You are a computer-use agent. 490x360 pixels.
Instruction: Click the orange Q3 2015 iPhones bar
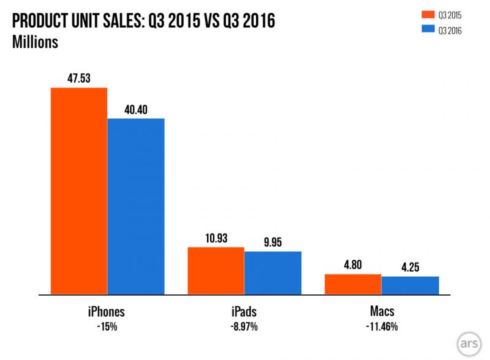(79, 191)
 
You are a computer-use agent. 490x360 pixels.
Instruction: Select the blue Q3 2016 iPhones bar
(136, 206)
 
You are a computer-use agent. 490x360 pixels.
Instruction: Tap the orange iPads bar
(216, 271)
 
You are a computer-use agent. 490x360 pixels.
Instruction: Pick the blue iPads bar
(273, 273)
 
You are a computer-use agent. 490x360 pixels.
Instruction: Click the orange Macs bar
(353, 284)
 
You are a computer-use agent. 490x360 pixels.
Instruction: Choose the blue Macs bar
(410, 285)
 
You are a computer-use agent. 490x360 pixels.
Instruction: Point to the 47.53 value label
(79, 78)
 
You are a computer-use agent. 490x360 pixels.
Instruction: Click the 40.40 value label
(136, 110)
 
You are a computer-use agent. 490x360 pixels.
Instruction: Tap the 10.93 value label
(216, 238)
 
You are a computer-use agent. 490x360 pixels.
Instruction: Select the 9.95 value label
(273, 242)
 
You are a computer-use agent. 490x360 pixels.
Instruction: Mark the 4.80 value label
(353, 265)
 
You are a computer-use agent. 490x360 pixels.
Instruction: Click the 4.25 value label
(410, 267)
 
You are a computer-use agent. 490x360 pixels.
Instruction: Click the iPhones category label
(106, 312)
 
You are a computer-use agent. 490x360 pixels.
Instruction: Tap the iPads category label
(244, 312)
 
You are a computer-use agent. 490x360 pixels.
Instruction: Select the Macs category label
(382, 311)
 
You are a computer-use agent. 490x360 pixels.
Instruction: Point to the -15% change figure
(107, 327)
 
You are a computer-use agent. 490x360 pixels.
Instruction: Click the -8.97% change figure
(244, 327)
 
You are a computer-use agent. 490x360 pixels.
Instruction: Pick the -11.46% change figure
(382, 327)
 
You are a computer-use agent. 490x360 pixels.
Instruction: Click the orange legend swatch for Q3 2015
(428, 14)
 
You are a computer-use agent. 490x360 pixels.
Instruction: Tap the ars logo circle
(469, 344)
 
